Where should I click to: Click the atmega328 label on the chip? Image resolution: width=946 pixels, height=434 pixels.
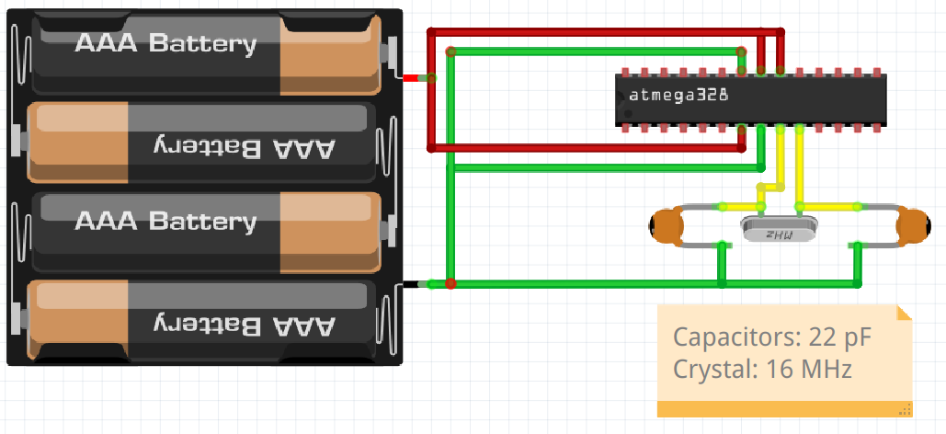[x=678, y=96]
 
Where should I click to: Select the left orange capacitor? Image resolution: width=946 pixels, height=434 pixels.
[x=667, y=226]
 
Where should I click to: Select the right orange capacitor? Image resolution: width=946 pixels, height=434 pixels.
[x=913, y=226]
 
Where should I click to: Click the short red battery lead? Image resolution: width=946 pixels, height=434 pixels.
[x=412, y=78]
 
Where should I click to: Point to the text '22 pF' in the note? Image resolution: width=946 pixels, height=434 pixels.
[x=839, y=337]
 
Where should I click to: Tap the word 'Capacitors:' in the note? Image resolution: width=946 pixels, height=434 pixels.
[x=736, y=337]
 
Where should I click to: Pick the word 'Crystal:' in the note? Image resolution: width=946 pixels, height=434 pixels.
[x=715, y=369]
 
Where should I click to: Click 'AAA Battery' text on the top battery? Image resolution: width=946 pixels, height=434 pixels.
[x=165, y=43]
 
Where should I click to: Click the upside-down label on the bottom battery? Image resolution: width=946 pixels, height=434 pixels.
[x=243, y=325]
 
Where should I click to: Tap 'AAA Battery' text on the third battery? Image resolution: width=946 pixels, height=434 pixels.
[x=165, y=221]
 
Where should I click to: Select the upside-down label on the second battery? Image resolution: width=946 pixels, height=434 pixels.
[x=243, y=147]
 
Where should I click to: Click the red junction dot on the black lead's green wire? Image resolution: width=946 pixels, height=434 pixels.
[x=450, y=283]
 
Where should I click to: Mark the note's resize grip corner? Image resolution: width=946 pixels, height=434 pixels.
[x=905, y=410]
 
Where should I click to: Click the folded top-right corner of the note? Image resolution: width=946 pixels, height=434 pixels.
[x=905, y=313]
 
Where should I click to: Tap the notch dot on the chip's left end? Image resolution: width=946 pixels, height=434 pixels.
[x=628, y=113]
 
